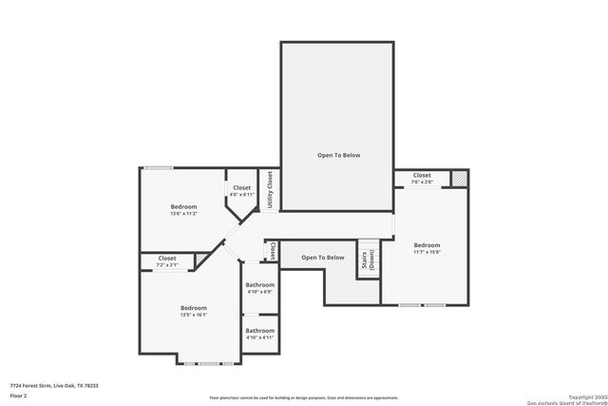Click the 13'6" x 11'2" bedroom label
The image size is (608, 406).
pyautogui.click(x=183, y=210)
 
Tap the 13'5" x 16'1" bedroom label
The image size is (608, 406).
pyautogui.click(x=194, y=311)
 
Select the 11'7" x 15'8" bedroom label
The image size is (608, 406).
pyautogui.click(x=427, y=248)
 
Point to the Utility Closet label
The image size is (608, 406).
pyautogui.click(x=270, y=190)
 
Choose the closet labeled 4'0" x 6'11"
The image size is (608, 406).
pyautogui.click(x=242, y=191)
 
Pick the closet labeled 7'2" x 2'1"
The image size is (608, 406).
pyautogui.click(x=167, y=261)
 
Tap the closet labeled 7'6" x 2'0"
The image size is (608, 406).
pyautogui.click(x=422, y=178)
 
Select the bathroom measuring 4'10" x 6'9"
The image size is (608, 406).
pyautogui.click(x=259, y=288)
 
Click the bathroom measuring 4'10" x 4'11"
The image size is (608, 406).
pyautogui.click(x=259, y=335)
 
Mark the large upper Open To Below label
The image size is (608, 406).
pyautogui.click(x=338, y=155)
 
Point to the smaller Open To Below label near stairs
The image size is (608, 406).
pyautogui.click(x=323, y=258)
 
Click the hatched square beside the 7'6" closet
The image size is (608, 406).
pyautogui.click(x=460, y=178)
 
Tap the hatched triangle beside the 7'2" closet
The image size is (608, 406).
pyautogui.click(x=201, y=261)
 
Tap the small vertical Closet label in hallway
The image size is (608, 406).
pyautogui.click(x=273, y=252)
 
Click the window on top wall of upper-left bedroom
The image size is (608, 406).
pyautogui.click(x=158, y=168)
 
